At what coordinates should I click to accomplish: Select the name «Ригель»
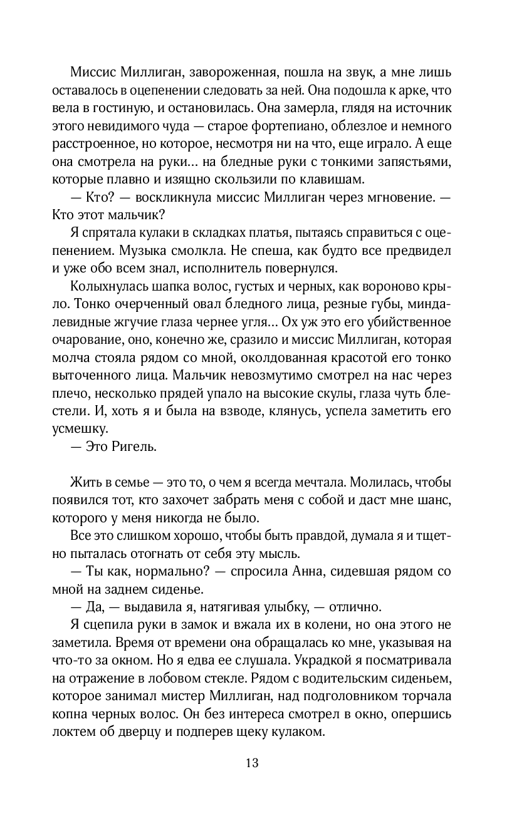tap(135, 448)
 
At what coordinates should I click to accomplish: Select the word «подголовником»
tap(359, 696)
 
